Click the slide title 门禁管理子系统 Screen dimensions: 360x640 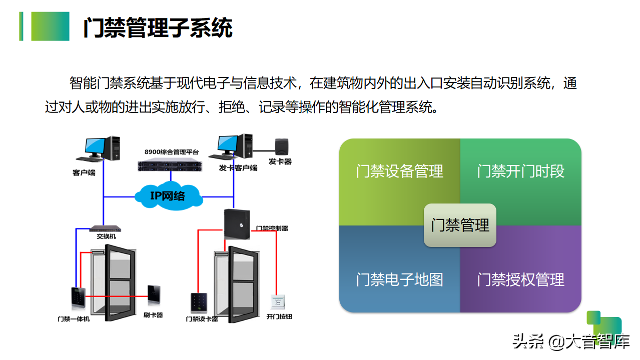click(x=158, y=28)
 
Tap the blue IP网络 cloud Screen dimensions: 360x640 click(x=168, y=195)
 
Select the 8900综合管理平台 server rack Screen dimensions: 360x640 click(x=171, y=163)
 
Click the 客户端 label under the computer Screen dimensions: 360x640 click(x=84, y=173)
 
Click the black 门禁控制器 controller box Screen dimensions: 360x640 click(x=237, y=224)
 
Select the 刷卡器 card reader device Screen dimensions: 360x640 click(x=154, y=295)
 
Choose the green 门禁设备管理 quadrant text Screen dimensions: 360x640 click(x=399, y=171)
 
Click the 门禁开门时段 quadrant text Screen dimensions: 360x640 click(x=520, y=171)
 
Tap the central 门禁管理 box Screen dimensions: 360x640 click(x=460, y=225)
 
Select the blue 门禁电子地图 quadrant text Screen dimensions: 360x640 click(x=399, y=279)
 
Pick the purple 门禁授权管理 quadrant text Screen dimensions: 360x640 click(x=520, y=279)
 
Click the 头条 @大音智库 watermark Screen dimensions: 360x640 click(x=570, y=342)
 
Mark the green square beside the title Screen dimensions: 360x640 click(x=50, y=26)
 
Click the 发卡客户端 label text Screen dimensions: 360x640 click(x=238, y=168)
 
